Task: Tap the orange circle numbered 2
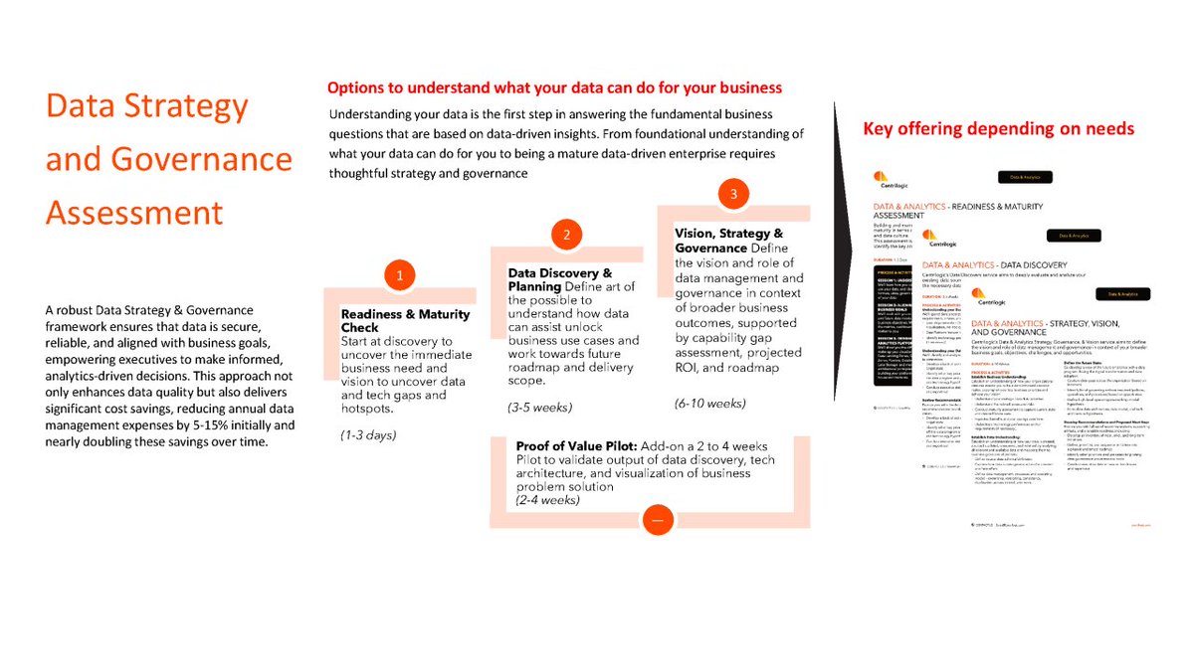pos(566,235)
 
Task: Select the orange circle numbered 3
pos(733,194)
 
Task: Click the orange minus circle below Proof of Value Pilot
pos(658,520)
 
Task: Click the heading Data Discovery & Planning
pos(559,279)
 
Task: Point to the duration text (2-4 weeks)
pos(547,499)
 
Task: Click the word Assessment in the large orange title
pos(134,212)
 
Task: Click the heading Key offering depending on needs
pos(998,128)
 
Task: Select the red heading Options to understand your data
pos(554,87)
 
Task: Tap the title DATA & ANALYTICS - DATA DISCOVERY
pos(1007,265)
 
